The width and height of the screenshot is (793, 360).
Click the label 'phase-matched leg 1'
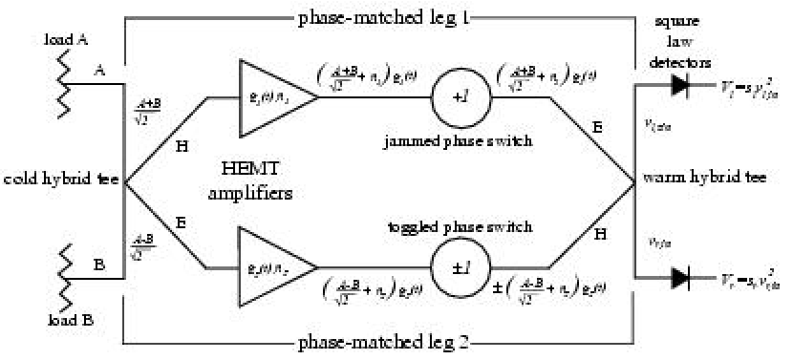click(x=381, y=17)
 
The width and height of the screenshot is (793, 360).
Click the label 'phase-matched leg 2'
click(x=381, y=342)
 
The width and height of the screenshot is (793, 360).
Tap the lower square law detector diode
click(x=680, y=279)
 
